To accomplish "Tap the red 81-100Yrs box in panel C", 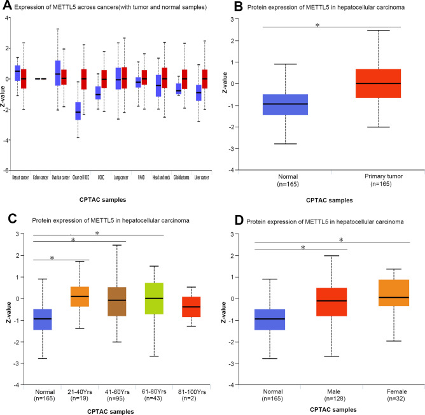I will pyautogui.click(x=191, y=307).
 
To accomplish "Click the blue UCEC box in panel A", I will pyautogui.click(x=98, y=93).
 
